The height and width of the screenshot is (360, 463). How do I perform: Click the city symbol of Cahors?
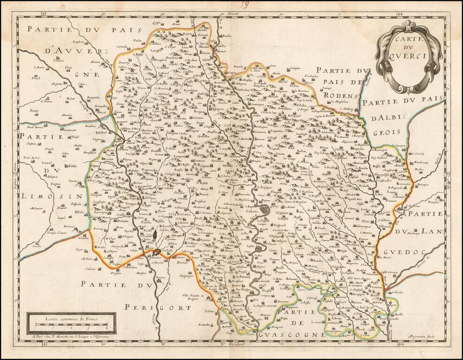point(266,209)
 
